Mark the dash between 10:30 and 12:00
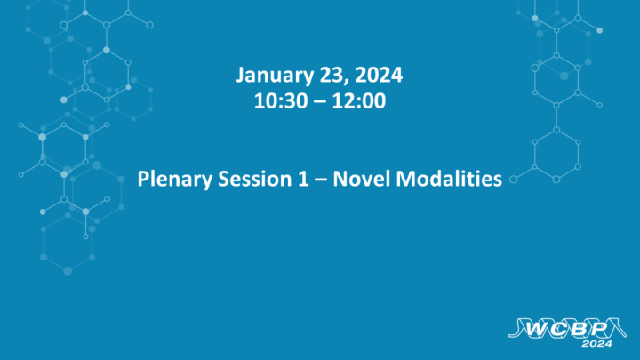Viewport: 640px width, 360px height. [x=320, y=101]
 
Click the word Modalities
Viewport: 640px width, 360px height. [x=447, y=179]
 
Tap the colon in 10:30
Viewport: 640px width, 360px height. [x=274, y=102]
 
